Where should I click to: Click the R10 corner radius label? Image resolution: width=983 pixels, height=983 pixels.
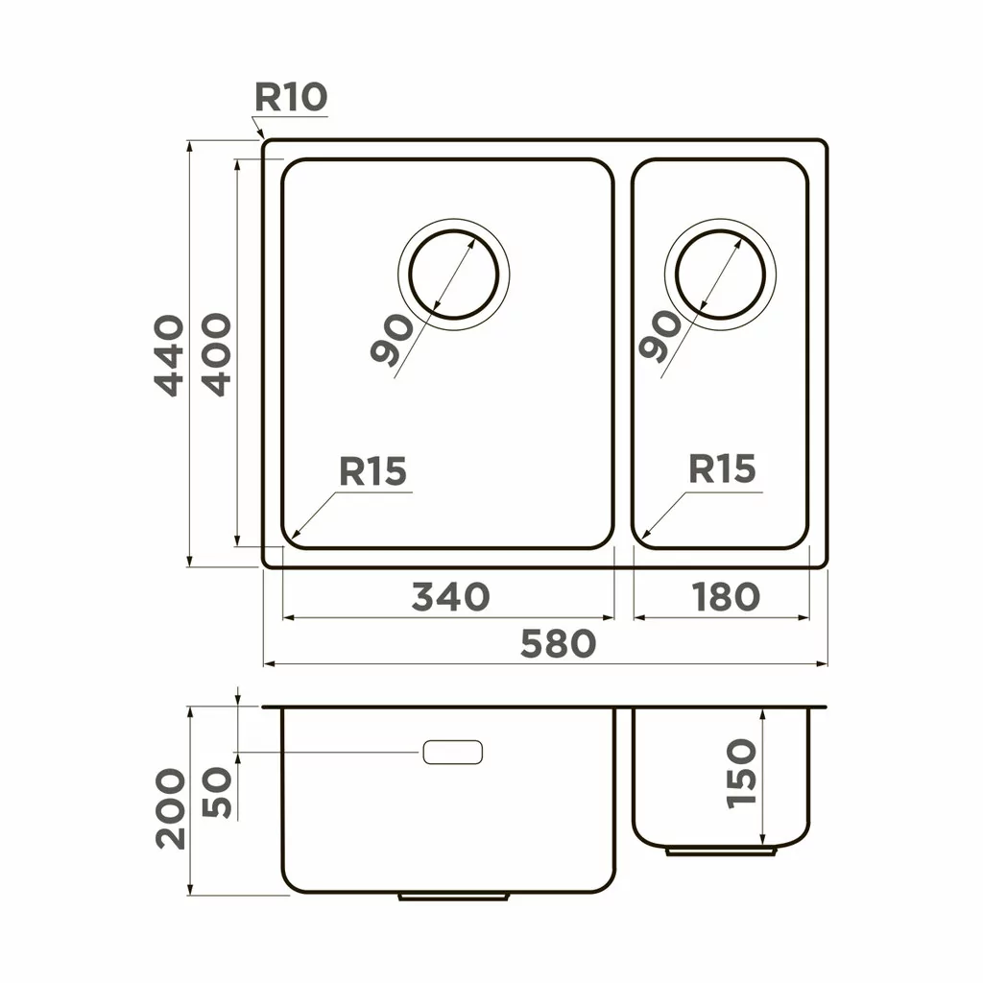coord(291,97)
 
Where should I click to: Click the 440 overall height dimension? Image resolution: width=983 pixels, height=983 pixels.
coord(169,355)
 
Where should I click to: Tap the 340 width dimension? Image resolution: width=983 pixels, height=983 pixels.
coord(450,597)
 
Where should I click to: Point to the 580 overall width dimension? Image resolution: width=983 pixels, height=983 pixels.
coord(557,644)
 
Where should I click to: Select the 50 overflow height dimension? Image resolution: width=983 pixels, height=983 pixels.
coord(219,792)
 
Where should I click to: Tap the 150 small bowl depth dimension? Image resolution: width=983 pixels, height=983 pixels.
coord(742,774)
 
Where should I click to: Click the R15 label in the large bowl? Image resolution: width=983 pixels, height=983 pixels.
coord(373,472)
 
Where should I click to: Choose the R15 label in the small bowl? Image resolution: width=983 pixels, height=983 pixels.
coord(722,470)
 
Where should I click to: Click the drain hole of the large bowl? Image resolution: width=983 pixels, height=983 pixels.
coord(453,274)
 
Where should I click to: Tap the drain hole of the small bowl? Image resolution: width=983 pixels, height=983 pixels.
coord(722,274)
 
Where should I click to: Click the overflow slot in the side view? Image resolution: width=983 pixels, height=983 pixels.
coord(452,753)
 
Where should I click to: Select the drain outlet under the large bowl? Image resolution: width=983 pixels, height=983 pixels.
coord(453,896)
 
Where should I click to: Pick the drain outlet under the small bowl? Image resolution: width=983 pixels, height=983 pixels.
coord(722,851)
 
